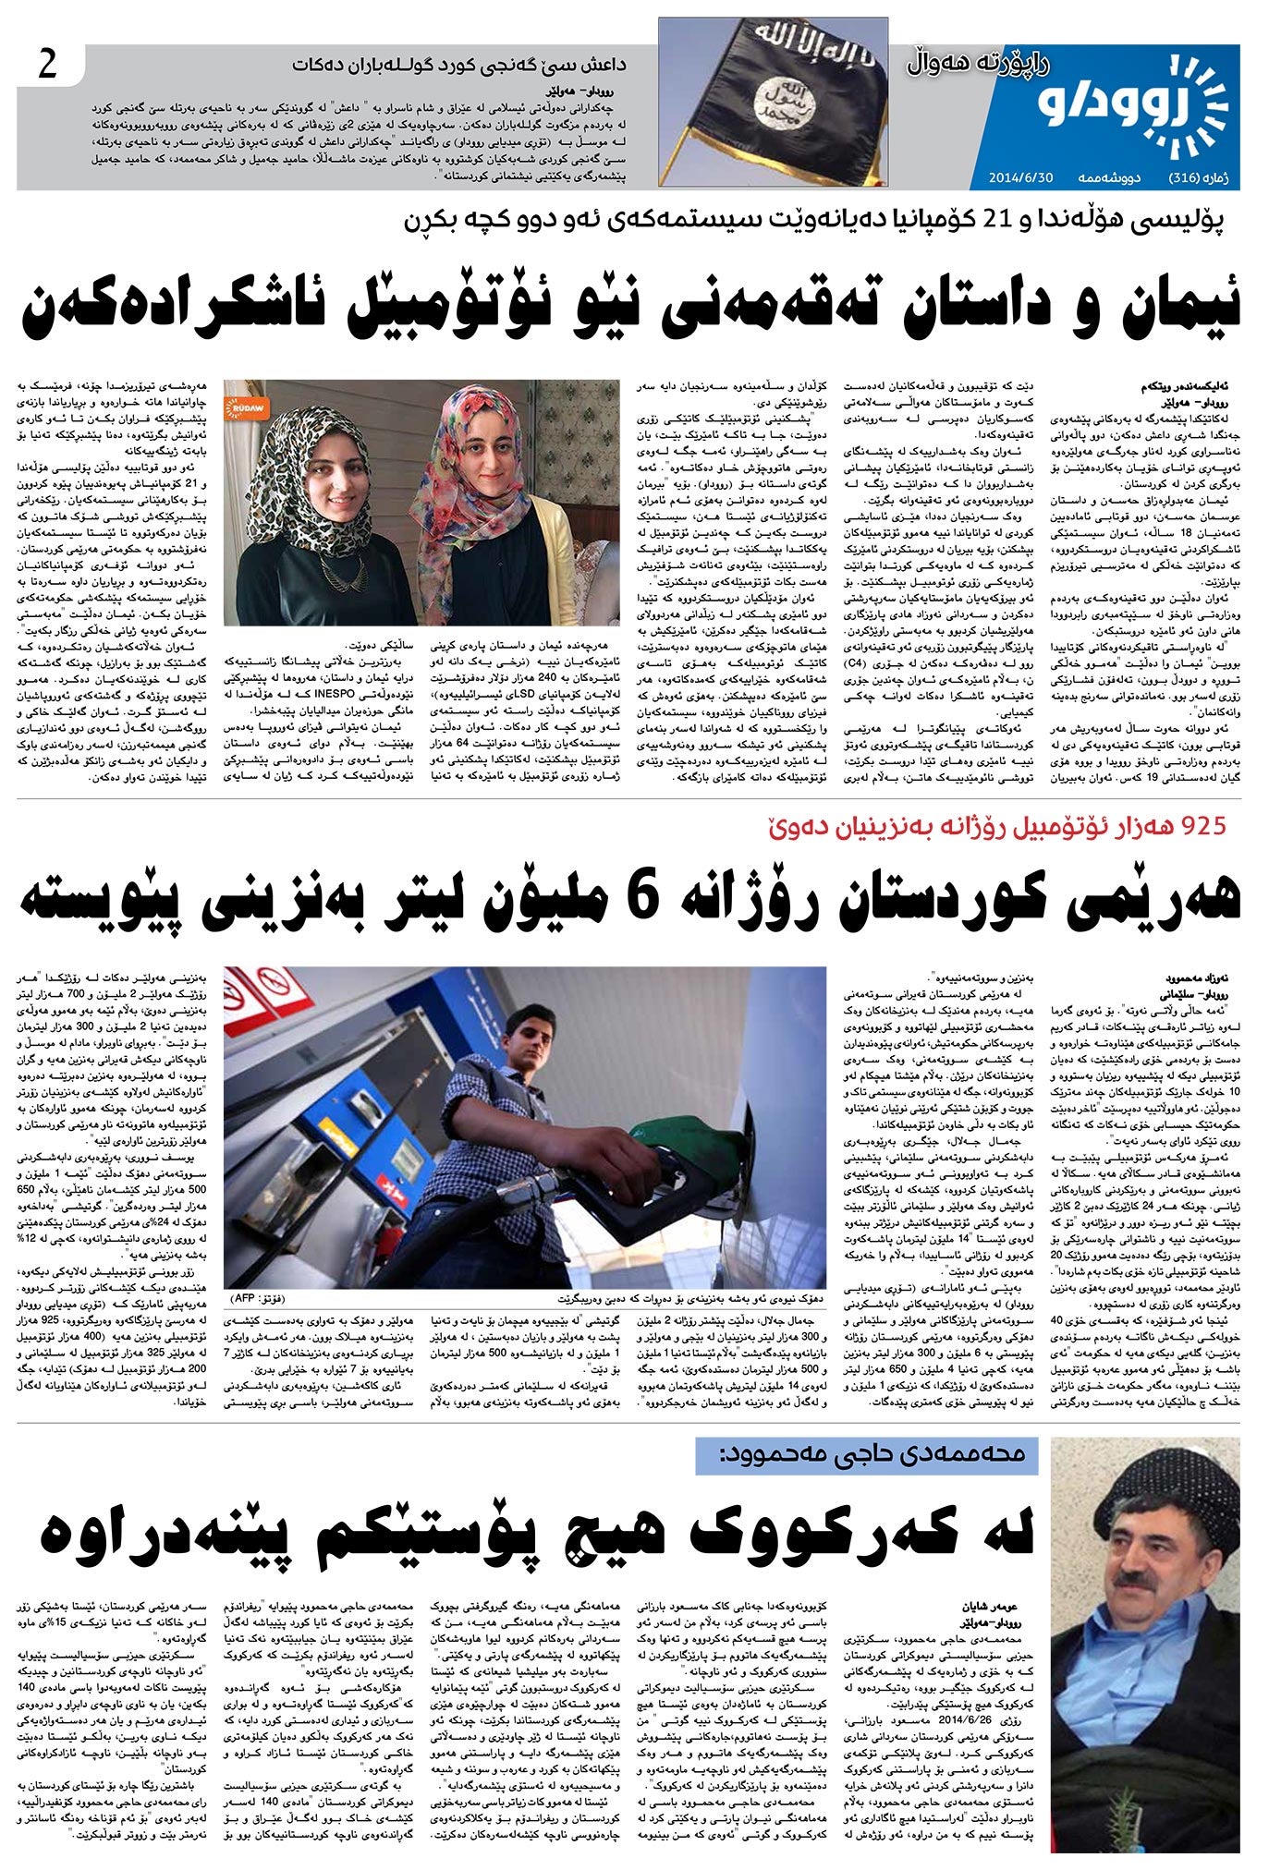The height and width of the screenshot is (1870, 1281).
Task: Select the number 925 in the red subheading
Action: tap(1198, 824)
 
